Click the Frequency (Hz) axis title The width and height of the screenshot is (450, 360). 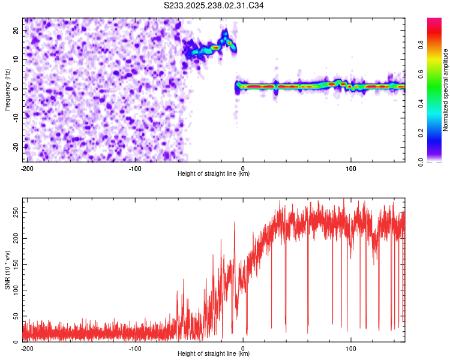[7, 89]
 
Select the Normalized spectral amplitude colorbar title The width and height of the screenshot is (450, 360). [446, 90]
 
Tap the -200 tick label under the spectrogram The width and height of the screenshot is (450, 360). [26, 169]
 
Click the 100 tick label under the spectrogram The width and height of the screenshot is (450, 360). [351, 169]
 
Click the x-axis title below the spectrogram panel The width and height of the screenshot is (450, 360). [214, 174]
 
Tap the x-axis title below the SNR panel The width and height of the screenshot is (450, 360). [214, 354]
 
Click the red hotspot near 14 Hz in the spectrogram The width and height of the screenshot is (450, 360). [215, 47]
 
